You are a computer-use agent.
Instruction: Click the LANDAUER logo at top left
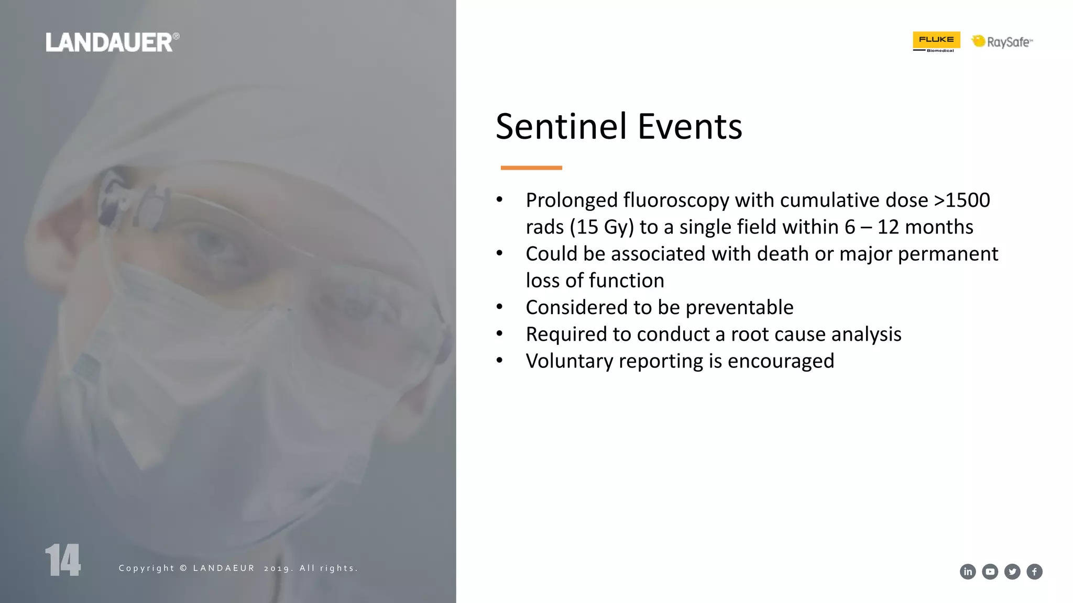click(112, 42)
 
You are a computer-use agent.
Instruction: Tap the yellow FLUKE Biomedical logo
click(936, 41)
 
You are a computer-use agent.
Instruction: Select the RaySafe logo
click(1003, 41)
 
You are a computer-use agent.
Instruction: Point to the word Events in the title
click(690, 127)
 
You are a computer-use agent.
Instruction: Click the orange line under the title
click(531, 168)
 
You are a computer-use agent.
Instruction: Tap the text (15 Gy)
click(601, 227)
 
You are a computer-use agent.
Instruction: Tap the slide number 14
click(63, 560)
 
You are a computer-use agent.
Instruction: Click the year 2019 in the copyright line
click(278, 568)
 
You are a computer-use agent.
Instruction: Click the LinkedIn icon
click(968, 572)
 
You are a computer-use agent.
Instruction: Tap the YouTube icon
click(990, 572)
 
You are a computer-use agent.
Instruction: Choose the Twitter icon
click(1012, 572)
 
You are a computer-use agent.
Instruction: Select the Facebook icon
click(1034, 572)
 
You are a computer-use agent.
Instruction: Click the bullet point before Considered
click(500, 307)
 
